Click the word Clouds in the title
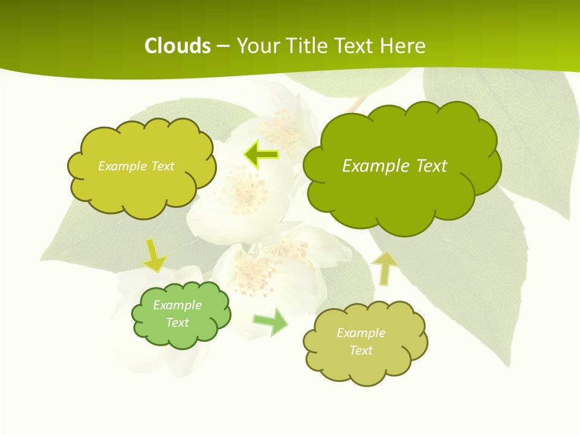pyautogui.click(x=178, y=46)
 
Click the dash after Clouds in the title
pyautogui.click(x=222, y=46)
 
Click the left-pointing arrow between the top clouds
pyautogui.click(x=261, y=155)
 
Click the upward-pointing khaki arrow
pyautogui.click(x=385, y=268)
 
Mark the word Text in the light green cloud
pyautogui.click(x=178, y=323)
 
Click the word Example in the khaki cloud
pyautogui.click(x=361, y=333)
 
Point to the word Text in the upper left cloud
pyautogui.click(x=163, y=166)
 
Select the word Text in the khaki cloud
pyautogui.click(x=361, y=350)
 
